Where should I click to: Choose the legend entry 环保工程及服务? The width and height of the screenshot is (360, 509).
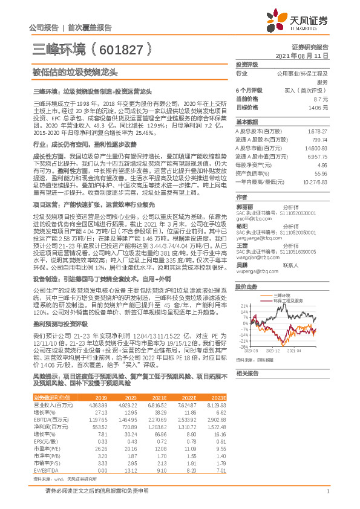(287, 299)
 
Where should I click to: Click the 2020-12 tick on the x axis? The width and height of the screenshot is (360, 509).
(273, 350)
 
